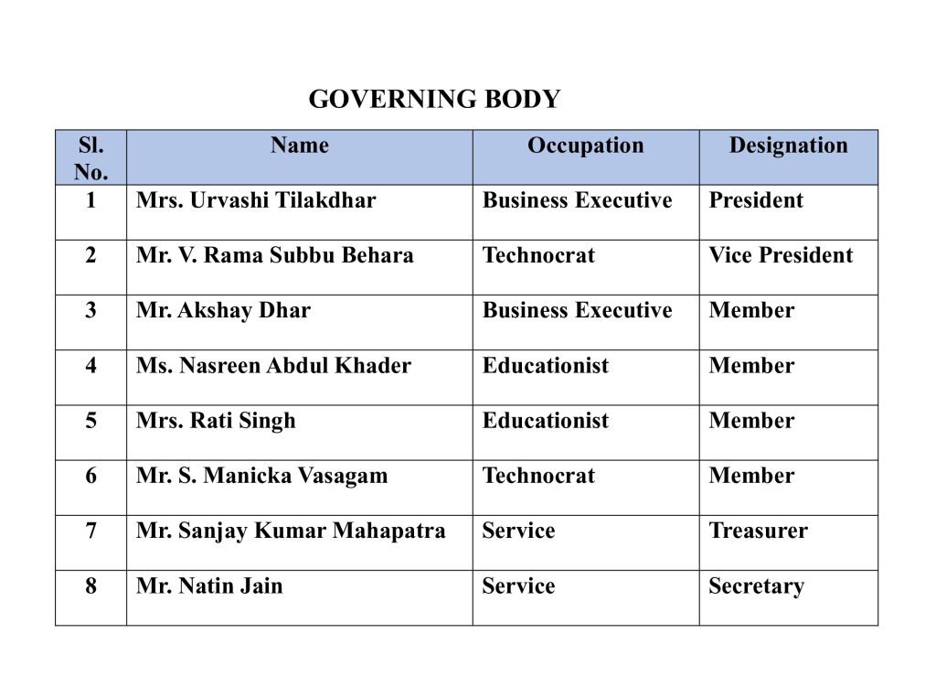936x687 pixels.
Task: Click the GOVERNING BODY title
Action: (x=434, y=99)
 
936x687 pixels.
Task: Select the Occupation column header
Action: (x=585, y=145)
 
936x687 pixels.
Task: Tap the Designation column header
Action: (x=788, y=145)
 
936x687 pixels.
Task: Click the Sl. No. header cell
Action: (x=90, y=158)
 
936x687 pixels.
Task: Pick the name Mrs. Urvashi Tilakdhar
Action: (x=256, y=200)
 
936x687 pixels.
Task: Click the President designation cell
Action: (x=756, y=200)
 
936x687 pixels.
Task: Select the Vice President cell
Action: (x=781, y=255)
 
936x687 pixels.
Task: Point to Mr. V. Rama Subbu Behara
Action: (x=274, y=255)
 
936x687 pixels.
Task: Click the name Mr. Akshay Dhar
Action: (x=223, y=310)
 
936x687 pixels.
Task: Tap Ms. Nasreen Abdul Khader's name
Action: (x=273, y=366)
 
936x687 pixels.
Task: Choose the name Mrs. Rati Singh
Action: (x=216, y=421)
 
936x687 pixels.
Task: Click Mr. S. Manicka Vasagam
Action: (x=261, y=476)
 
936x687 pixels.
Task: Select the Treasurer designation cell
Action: (x=758, y=531)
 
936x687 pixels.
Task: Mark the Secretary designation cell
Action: (x=756, y=586)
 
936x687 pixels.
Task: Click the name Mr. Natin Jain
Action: (x=209, y=585)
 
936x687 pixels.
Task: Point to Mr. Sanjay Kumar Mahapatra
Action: (x=291, y=531)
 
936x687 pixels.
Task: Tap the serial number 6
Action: (x=90, y=476)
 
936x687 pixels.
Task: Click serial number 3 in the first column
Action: (x=90, y=310)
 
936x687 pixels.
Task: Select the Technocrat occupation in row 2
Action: (x=538, y=255)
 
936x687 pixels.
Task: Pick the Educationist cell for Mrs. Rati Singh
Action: (x=545, y=421)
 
